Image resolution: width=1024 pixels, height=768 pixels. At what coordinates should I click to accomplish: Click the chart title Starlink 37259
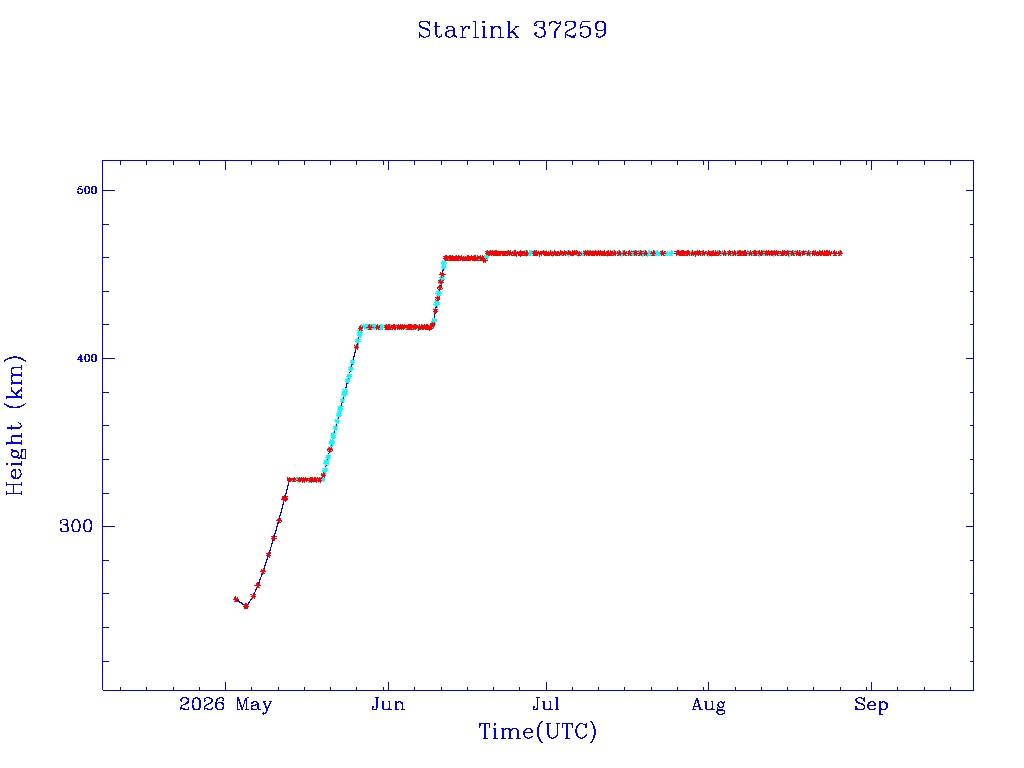tap(512, 30)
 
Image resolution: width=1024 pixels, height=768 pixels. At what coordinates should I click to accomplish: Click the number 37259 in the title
tap(570, 30)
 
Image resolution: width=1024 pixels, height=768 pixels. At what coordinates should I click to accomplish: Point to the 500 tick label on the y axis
tap(87, 190)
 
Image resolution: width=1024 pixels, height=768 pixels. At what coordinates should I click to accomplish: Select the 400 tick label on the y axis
tap(87, 358)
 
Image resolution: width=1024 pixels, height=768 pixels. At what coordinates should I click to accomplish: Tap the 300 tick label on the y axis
tap(76, 526)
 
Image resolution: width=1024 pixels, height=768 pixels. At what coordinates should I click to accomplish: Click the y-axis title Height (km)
tap(14, 425)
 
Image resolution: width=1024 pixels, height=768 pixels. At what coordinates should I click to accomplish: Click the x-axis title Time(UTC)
tap(537, 731)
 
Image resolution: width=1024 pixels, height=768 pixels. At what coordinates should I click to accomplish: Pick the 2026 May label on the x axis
tap(225, 705)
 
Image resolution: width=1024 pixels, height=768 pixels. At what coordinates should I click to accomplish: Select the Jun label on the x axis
tap(388, 705)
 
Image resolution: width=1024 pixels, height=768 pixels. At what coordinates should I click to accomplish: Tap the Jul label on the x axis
tap(546, 704)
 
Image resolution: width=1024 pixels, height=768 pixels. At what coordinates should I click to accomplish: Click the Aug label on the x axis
tap(709, 705)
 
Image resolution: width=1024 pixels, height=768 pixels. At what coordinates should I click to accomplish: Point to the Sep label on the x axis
tap(871, 705)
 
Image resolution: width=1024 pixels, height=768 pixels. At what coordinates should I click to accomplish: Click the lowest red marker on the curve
tap(246, 606)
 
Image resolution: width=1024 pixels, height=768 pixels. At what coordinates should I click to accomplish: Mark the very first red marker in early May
tap(236, 599)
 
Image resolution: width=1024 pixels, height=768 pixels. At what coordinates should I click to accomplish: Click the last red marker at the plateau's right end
tap(839, 253)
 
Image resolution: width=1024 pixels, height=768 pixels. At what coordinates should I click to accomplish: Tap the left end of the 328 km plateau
tap(289, 479)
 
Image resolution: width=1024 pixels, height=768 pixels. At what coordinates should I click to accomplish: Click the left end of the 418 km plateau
tap(361, 327)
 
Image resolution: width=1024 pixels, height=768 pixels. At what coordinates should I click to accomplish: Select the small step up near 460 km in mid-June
tap(486, 255)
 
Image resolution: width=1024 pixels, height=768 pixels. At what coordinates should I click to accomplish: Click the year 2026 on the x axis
tap(202, 704)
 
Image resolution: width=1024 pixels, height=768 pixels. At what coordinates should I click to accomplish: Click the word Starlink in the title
tap(468, 30)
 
